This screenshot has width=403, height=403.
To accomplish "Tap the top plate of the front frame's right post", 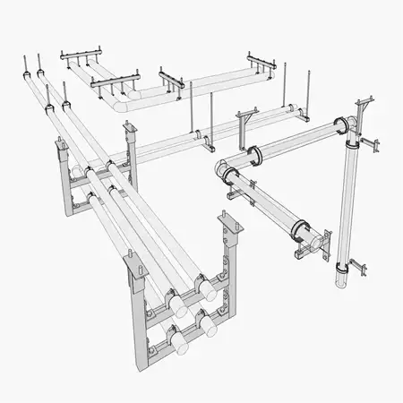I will point(225,219).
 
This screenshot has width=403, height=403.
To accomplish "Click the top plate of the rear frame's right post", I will point(131,130).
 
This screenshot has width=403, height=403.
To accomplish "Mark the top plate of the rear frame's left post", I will point(61,146).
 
